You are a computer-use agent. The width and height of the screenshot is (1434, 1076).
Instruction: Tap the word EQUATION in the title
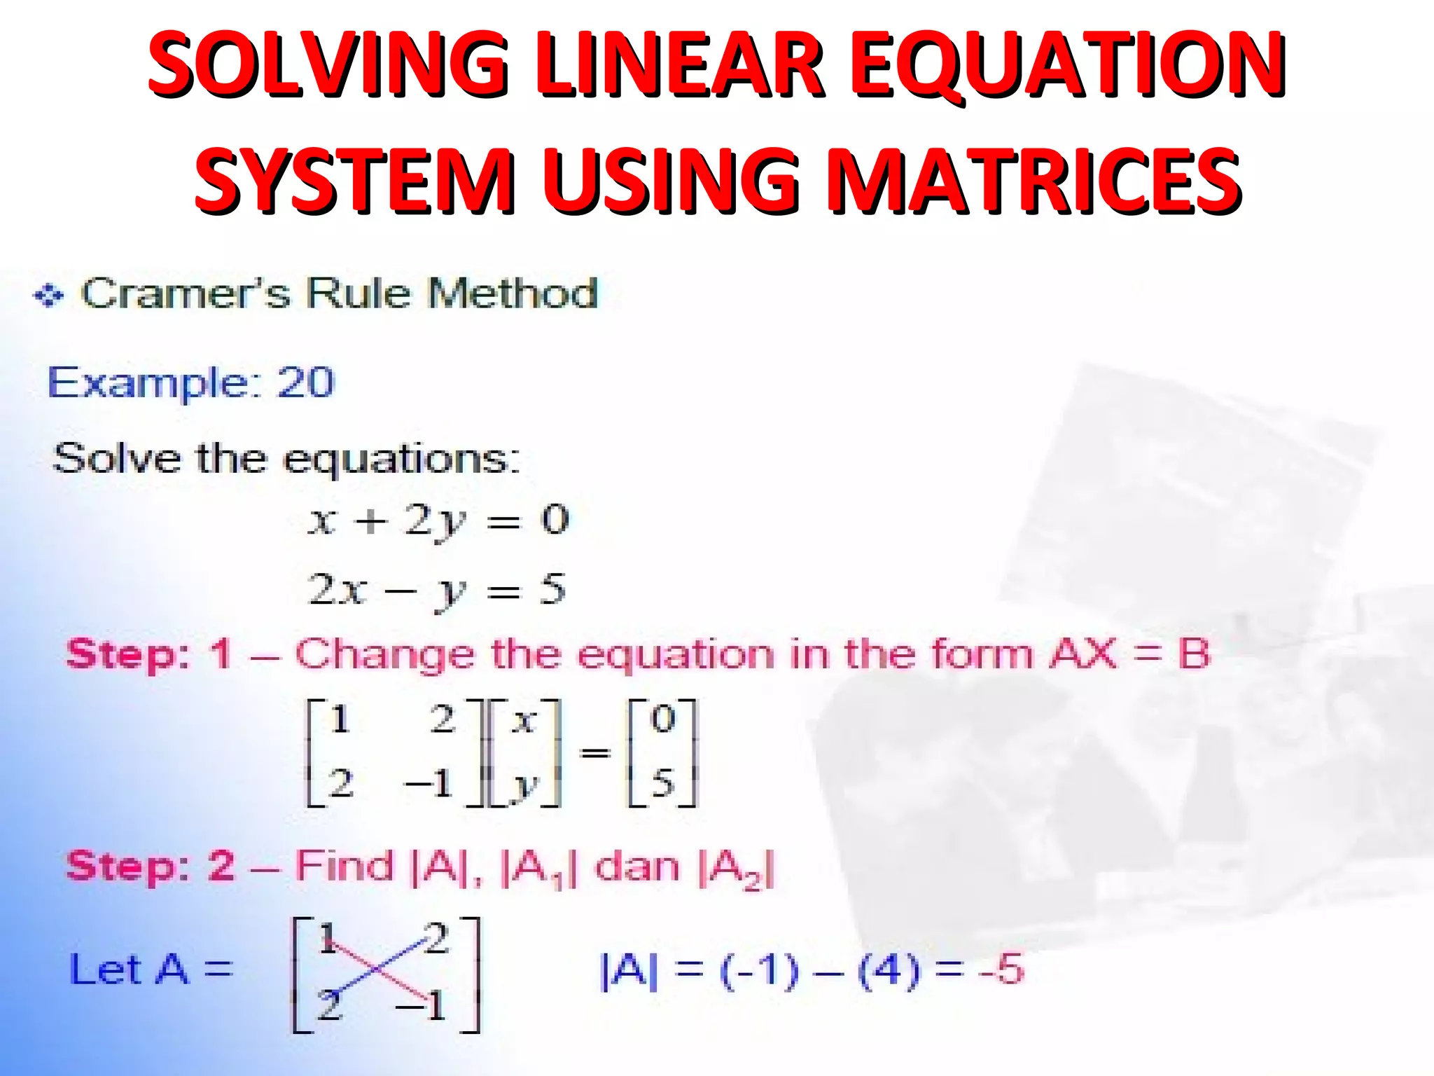(x=1067, y=64)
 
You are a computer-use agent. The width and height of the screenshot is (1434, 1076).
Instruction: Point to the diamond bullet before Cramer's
(x=49, y=296)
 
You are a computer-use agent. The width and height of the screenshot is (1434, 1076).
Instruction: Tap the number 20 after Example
(x=306, y=382)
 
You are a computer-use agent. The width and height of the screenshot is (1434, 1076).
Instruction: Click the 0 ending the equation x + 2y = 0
(x=555, y=520)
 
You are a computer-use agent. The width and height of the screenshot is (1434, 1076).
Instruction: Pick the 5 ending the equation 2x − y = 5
(x=553, y=590)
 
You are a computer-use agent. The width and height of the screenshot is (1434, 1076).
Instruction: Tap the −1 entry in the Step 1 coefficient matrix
(x=429, y=783)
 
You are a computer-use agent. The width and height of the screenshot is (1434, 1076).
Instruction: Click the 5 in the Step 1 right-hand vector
(x=663, y=783)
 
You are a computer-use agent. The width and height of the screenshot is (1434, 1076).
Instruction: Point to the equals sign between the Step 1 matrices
(x=595, y=753)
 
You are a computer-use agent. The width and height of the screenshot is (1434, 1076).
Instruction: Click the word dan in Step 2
(x=637, y=867)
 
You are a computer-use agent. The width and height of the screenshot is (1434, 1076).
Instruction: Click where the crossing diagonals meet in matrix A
(x=377, y=970)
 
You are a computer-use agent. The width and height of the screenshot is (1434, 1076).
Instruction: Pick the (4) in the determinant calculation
(x=889, y=970)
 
